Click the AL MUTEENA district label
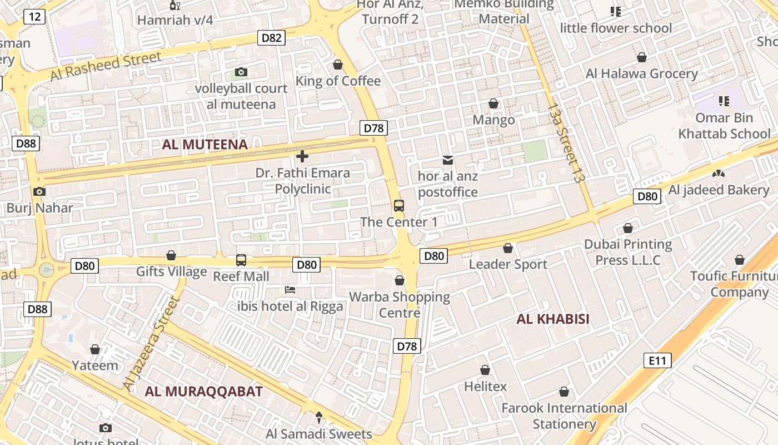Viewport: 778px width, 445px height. (x=205, y=145)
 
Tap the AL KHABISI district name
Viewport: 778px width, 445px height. (x=553, y=319)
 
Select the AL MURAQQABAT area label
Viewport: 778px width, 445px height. (x=203, y=391)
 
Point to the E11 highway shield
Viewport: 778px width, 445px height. (x=657, y=360)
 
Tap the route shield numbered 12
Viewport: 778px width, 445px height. (x=34, y=17)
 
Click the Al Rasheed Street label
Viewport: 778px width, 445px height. (x=106, y=66)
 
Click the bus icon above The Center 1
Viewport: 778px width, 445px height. (x=399, y=205)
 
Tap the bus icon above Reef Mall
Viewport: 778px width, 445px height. (x=241, y=260)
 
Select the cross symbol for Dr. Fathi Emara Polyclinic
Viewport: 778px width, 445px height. (x=302, y=156)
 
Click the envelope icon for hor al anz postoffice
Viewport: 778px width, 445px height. (x=448, y=160)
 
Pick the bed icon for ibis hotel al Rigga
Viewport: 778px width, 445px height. (x=290, y=289)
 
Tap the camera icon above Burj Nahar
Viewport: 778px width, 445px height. (x=39, y=191)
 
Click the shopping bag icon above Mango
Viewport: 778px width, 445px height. (x=493, y=103)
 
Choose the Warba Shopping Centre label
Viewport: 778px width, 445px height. (x=400, y=305)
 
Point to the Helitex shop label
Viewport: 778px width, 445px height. (x=486, y=386)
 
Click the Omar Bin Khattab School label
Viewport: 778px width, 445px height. (x=724, y=126)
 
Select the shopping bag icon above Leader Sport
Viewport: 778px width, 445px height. (x=508, y=248)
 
